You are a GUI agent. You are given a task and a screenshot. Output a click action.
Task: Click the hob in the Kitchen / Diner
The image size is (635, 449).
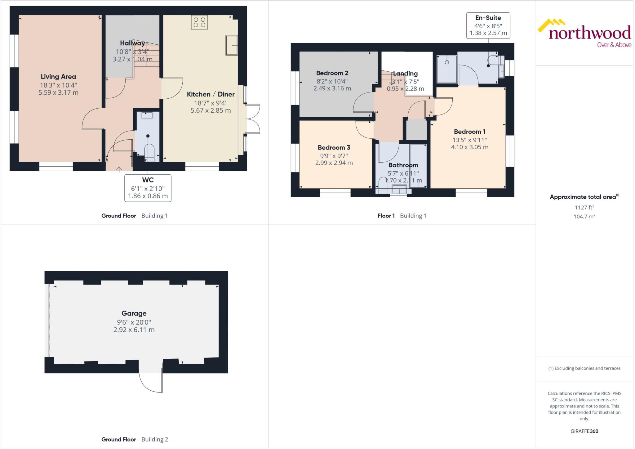pyautogui.click(x=199, y=22)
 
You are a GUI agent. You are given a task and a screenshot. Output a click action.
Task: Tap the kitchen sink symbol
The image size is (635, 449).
pyautogui.click(x=231, y=45)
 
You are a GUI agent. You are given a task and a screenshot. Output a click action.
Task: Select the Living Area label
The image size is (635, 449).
pyautogui.click(x=58, y=77)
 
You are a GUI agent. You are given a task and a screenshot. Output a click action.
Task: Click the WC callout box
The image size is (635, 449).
pyautogui.click(x=148, y=188)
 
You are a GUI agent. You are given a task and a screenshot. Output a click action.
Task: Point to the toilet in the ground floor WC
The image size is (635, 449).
pyautogui.click(x=149, y=152)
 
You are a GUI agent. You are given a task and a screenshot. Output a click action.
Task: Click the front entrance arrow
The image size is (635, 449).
pyautogui.click(x=119, y=169)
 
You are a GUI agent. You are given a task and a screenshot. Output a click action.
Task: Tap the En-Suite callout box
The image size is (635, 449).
pyautogui.click(x=488, y=25)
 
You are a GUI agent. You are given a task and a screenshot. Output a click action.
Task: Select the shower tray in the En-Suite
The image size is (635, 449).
pyautogui.click(x=447, y=69)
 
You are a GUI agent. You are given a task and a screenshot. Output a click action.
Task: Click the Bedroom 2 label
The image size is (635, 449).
pyautogui.click(x=332, y=73)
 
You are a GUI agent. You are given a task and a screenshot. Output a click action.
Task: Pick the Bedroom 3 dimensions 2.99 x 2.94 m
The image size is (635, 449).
pyautogui.click(x=334, y=163)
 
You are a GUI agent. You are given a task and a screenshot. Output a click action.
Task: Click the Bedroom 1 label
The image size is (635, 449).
pyautogui.click(x=469, y=132)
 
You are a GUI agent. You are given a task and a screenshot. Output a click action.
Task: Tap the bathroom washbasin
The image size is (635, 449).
pyautogui.click(x=399, y=189)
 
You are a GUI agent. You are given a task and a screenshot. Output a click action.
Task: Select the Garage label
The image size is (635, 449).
pyautogui.click(x=134, y=313)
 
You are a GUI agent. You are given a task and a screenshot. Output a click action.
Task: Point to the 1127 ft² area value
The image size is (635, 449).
pyautogui.click(x=584, y=207)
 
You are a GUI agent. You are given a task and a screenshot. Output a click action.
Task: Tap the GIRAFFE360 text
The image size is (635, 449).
pyautogui.click(x=584, y=431)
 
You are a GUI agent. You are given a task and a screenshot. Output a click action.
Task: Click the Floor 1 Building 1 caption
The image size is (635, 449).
pyautogui.click(x=402, y=216)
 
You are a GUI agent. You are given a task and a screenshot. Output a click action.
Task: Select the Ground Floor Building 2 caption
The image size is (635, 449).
pyautogui.click(x=135, y=439)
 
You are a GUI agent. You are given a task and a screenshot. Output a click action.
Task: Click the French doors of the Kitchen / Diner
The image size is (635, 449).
pyautogui.click(x=253, y=119)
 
